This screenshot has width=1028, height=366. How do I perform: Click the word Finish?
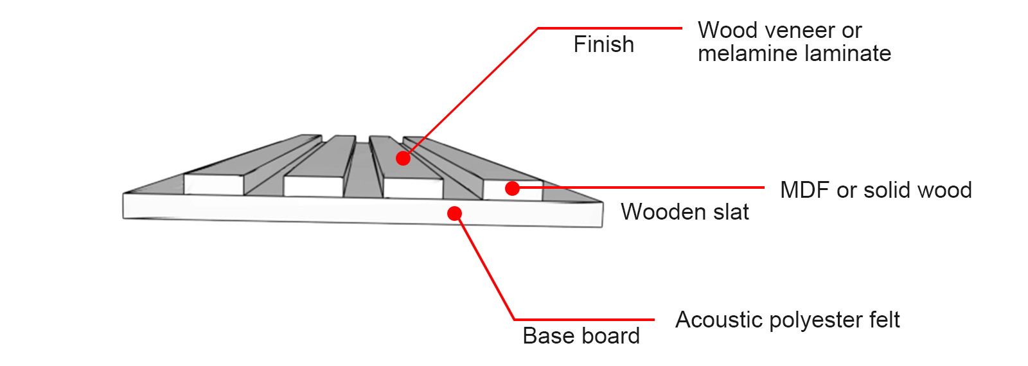[603, 44]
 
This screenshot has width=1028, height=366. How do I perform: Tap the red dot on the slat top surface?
[403, 158]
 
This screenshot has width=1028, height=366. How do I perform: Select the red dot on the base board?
[454, 213]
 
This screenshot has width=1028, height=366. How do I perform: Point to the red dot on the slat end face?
[512, 188]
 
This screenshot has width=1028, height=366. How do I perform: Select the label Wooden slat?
[685, 212]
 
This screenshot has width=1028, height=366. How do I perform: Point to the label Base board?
[581, 336]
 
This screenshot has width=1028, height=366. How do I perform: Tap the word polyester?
[816, 320]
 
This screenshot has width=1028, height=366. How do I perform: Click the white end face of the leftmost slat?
[213, 184]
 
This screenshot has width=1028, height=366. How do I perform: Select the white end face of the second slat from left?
[314, 186]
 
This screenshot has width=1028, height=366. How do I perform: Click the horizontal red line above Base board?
[584, 319]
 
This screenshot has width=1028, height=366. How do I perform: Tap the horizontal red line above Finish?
[610, 28]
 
